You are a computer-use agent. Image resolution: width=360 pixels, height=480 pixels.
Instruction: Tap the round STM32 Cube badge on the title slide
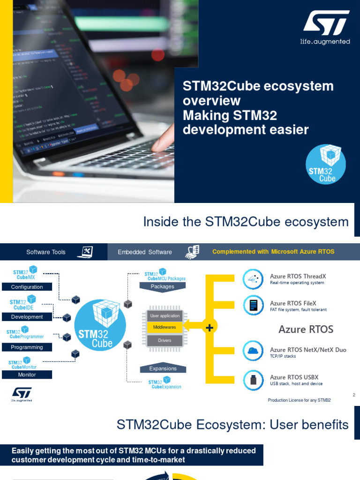click(326, 164)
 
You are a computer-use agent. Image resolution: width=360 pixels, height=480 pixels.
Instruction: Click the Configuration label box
click(27, 287)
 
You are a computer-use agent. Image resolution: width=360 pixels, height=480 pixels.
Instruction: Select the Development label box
click(27, 317)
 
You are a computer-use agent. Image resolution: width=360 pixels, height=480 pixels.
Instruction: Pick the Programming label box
click(27, 347)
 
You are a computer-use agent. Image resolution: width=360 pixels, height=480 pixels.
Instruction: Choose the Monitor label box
click(27, 375)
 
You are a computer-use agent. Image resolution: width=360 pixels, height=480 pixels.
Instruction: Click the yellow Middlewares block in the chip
click(165, 327)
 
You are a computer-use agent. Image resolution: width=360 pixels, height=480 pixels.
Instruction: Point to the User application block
click(165, 316)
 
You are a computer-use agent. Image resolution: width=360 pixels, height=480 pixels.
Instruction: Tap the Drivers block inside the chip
click(165, 340)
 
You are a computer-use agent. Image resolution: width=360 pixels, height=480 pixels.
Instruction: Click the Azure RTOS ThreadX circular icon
click(253, 279)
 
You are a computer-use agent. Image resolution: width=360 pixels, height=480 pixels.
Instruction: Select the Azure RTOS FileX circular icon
click(253, 306)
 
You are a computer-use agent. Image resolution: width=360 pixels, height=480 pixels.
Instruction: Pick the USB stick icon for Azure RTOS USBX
click(253, 379)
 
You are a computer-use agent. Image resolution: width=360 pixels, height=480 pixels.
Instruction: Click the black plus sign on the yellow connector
click(209, 328)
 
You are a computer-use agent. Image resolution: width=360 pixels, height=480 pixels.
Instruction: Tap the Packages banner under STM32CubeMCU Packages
click(163, 287)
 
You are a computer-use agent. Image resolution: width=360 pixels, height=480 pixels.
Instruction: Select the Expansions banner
click(163, 368)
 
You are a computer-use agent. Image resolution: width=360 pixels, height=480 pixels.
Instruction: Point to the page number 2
click(354, 395)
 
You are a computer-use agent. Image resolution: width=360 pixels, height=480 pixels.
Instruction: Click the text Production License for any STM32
click(299, 400)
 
